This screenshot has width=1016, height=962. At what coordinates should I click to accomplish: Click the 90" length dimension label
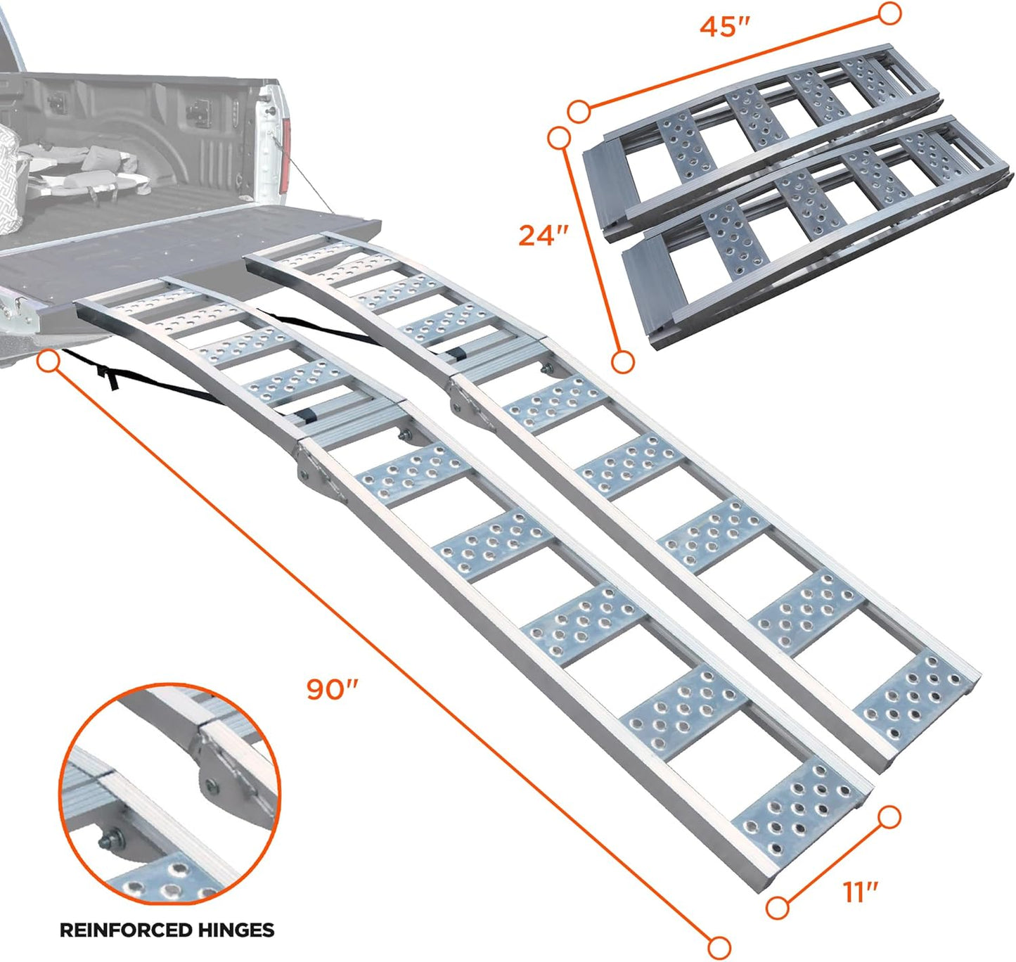(333, 689)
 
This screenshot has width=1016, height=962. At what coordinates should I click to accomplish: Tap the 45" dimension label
(725, 27)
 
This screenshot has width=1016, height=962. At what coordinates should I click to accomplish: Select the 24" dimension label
(543, 235)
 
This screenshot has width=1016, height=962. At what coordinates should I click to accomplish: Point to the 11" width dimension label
(861, 892)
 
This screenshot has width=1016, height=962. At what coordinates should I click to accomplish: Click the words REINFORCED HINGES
(167, 930)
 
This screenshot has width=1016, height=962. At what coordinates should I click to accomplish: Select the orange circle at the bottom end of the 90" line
(719, 947)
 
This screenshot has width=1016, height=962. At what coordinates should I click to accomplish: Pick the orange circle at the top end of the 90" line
(49, 362)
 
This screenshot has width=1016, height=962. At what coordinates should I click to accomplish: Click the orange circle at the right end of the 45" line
(890, 13)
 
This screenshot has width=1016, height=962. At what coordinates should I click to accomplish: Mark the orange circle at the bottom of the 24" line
(623, 362)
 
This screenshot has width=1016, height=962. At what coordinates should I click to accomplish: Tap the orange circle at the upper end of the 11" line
(889, 817)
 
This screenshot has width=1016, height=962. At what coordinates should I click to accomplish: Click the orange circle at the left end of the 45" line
(579, 110)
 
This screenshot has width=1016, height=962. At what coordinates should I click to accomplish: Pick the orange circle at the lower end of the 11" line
(777, 908)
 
